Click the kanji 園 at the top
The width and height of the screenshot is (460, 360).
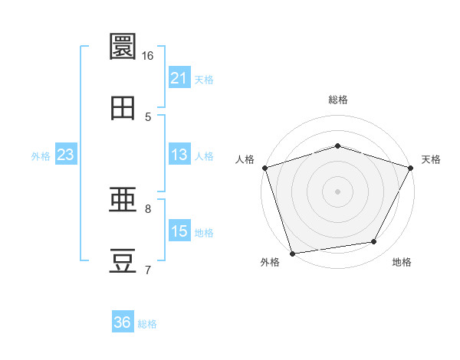pyautogui.click(x=123, y=46)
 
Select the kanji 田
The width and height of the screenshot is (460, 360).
pyautogui.click(x=123, y=108)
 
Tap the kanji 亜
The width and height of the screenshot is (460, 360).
pyautogui.click(x=123, y=199)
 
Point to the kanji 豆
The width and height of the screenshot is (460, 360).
pyautogui.click(x=123, y=260)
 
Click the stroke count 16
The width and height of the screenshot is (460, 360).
pyautogui.click(x=147, y=56)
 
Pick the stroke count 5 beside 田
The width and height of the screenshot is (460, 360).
pyautogui.click(x=148, y=117)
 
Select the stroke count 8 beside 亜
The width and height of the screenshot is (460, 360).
pyautogui.click(x=148, y=209)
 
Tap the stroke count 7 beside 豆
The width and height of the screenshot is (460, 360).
pyautogui.click(x=148, y=270)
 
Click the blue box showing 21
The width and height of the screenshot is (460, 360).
pyautogui.click(x=179, y=77)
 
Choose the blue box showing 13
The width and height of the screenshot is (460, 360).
pyautogui.click(x=179, y=154)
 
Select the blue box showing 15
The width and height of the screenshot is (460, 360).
pyautogui.click(x=179, y=230)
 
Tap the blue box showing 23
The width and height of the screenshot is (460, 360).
pyautogui.click(x=66, y=154)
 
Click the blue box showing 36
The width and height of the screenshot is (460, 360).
pyautogui.click(x=123, y=321)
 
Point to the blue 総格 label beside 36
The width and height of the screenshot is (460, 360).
pyautogui.click(x=147, y=324)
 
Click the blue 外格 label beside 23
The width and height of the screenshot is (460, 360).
pyautogui.click(x=41, y=156)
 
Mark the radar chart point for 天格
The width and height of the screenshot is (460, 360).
pyautogui.click(x=410, y=168)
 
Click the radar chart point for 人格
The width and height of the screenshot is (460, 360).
pyautogui.click(x=265, y=168)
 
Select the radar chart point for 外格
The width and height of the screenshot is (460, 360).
pyautogui.click(x=292, y=254)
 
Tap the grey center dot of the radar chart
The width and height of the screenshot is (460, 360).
pyautogui.click(x=337, y=191)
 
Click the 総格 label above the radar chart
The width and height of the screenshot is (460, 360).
pyautogui.click(x=338, y=100)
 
